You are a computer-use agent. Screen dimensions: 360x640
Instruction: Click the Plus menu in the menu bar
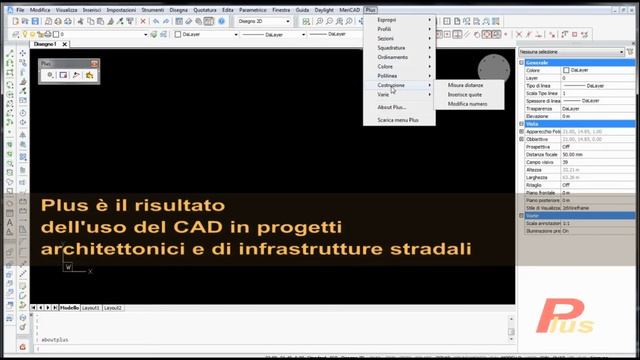pos(371,9)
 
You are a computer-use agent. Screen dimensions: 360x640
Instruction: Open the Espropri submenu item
pos(386,19)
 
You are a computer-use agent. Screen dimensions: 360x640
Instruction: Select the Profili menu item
pos(385,29)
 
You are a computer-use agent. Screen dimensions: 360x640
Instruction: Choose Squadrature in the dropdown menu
pos(392,48)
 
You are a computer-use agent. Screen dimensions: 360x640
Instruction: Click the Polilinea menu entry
pos(388,75)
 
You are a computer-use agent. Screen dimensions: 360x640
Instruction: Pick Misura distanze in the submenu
pos(467,85)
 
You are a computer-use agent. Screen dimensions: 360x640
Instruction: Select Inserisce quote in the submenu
pos(465,94)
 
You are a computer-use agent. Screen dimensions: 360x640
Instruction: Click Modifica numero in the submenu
pos(467,103)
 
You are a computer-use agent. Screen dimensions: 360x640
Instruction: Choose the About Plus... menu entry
pos(392,106)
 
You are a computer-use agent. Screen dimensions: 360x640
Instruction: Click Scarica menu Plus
pos(398,119)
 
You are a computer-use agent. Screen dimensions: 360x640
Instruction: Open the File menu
pos(20,9)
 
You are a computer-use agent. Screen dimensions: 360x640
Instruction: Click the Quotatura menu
pos(205,9)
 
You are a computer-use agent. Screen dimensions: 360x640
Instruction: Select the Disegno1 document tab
pos(45,45)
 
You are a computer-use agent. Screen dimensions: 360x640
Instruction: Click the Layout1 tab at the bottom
pos(90,308)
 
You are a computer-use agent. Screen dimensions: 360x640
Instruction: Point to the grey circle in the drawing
pos(492,68)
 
